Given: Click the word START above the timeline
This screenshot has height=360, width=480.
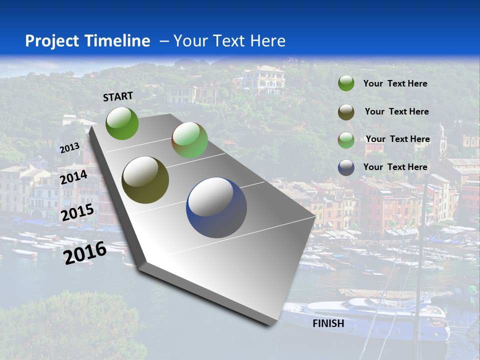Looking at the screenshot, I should [118, 96].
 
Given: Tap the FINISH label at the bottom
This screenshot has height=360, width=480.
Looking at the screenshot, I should [328, 323].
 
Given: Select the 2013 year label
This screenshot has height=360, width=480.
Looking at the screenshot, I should [70, 148].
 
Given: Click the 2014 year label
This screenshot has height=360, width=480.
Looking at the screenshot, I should [73, 177].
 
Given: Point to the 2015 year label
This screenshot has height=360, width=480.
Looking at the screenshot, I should [77, 212].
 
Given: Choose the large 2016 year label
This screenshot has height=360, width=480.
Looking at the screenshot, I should [85, 252].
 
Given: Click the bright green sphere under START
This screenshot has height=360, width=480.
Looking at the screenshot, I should [122, 123].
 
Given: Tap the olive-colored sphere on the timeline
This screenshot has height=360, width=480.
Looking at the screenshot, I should [145, 179].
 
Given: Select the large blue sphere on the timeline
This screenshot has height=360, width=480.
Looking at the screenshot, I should [216, 207].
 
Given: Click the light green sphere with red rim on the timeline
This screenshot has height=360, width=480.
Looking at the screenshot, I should [189, 140].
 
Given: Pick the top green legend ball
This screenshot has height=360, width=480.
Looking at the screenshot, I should [346, 83].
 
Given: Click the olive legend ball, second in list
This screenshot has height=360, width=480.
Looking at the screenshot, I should [346, 112].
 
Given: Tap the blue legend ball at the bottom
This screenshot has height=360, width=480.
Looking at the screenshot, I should [346, 167].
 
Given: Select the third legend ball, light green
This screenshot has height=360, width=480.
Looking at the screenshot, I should [346, 140].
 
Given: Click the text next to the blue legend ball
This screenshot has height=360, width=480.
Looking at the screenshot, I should [395, 167].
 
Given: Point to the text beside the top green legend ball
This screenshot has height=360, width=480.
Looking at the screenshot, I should [395, 83].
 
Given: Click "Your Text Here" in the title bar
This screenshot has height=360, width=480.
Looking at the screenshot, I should [229, 41].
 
